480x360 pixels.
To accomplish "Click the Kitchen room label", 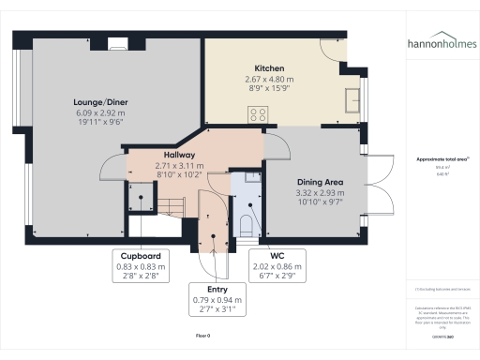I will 269,67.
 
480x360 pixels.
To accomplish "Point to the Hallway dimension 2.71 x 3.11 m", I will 178,165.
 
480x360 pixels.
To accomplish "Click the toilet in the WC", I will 245,223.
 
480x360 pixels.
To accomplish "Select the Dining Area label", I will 315,184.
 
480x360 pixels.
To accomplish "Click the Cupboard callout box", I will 137,265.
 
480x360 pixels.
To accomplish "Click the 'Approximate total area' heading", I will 442,159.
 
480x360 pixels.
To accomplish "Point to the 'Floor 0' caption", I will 203,334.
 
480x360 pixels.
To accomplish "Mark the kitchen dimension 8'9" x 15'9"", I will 269,89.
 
